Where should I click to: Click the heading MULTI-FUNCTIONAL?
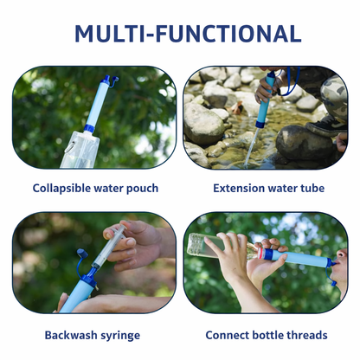click(x=180, y=34)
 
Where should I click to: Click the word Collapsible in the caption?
click(x=62, y=188)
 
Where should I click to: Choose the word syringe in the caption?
click(x=130, y=334)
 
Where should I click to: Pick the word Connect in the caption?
click(x=230, y=334)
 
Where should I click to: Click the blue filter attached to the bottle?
click(x=299, y=258)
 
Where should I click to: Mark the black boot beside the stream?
click(x=312, y=138)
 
